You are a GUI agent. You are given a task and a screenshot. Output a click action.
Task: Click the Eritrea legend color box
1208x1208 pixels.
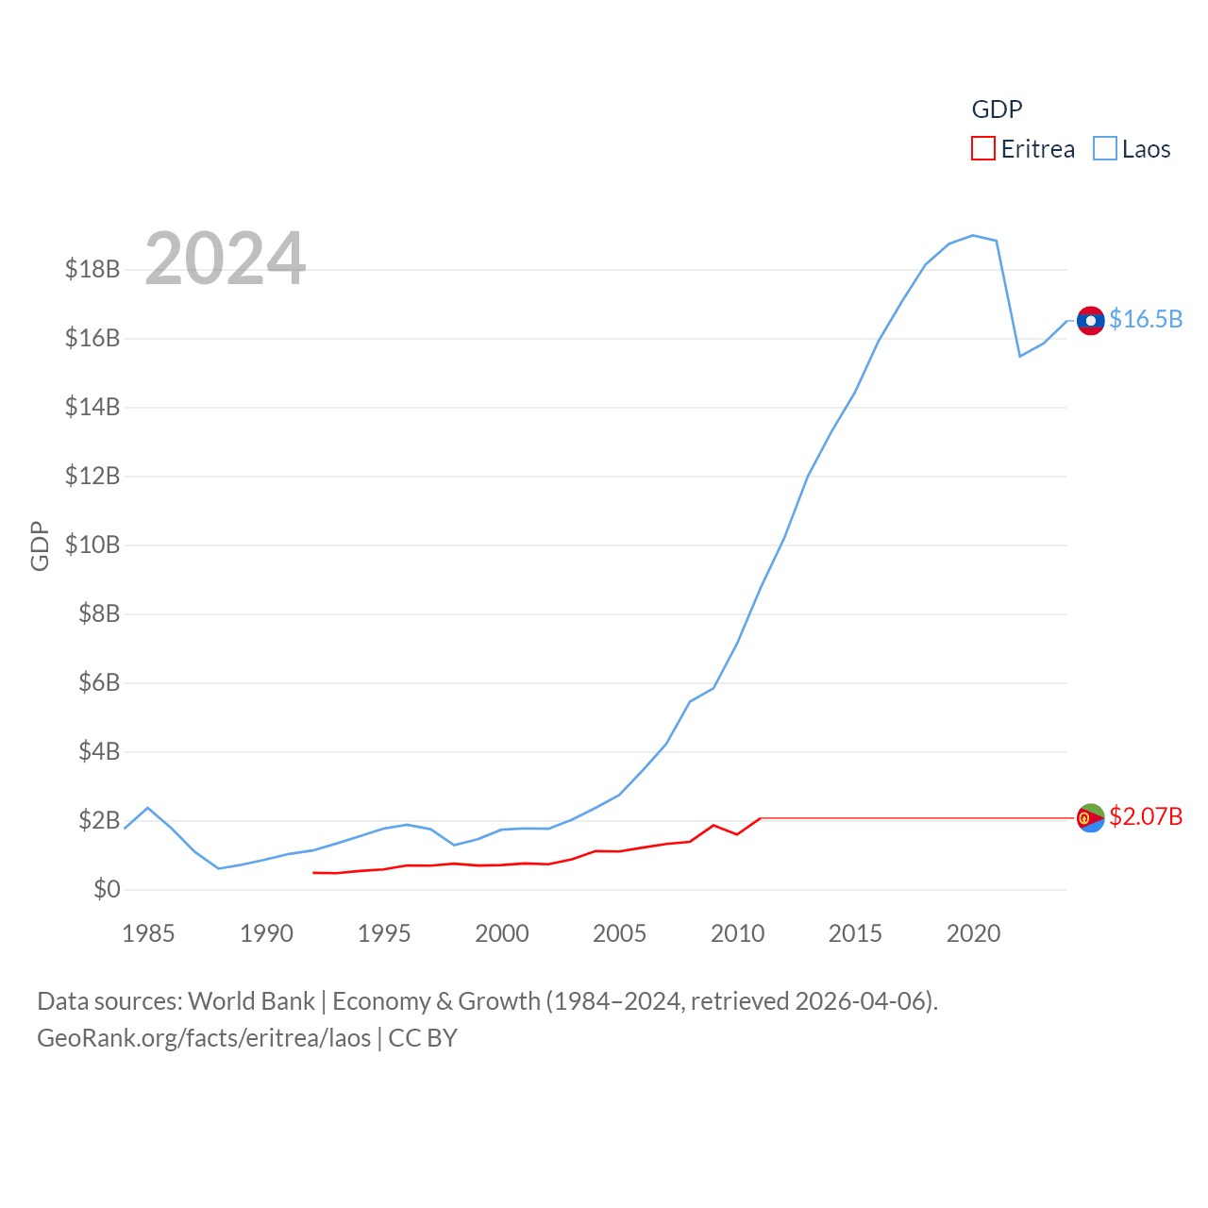[x=983, y=149]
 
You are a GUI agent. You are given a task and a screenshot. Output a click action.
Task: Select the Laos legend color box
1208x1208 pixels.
[x=1104, y=149]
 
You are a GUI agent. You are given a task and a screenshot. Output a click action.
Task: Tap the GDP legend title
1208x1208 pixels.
[x=997, y=109]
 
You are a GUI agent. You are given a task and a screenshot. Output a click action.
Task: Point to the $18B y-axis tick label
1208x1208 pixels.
[x=92, y=270]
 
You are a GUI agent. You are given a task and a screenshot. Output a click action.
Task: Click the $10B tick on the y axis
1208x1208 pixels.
[x=92, y=545]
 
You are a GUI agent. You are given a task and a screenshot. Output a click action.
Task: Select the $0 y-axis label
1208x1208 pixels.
[x=107, y=889]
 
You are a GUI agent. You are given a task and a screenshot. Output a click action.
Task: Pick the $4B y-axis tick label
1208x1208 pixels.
[x=99, y=752]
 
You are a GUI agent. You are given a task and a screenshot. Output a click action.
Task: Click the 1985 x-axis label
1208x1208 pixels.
[x=148, y=934]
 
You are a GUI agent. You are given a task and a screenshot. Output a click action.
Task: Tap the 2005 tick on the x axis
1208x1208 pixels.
[x=619, y=934]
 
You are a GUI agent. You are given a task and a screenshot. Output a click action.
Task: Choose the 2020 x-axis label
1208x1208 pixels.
[x=973, y=934]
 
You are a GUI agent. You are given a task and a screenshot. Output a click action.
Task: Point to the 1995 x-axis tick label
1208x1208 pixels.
[x=384, y=934]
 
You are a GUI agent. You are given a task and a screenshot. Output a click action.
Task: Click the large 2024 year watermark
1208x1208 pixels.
[x=226, y=259]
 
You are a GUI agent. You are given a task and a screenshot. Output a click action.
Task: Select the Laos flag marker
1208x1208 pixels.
[x=1090, y=321]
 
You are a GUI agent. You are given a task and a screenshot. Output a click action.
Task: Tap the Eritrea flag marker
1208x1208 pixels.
[x=1090, y=817]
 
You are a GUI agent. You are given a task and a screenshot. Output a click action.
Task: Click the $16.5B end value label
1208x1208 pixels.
[x=1146, y=320]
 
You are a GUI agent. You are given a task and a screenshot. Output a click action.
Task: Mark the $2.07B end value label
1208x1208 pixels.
[x=1146, y=816]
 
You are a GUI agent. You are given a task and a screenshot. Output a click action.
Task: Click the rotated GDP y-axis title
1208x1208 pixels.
[x=40, y=545]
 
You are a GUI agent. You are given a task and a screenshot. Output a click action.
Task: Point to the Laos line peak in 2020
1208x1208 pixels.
[x=973, y=235]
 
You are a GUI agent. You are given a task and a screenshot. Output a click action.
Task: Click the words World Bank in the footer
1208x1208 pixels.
[x=251, y=1001]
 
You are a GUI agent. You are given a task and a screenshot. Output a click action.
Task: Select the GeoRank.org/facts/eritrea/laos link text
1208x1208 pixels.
[x=204, y=1038]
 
